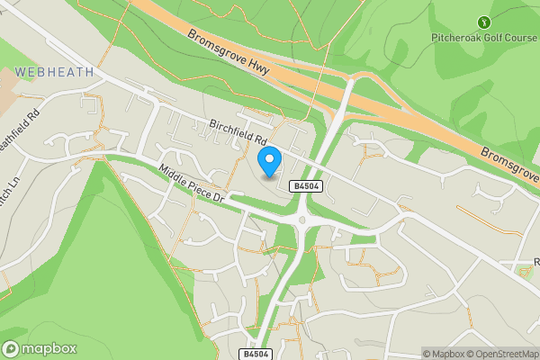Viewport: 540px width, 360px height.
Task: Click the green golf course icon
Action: pos(485,22)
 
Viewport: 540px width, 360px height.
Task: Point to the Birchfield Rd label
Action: pos(238,131)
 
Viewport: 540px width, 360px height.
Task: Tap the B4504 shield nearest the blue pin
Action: pos(303,185)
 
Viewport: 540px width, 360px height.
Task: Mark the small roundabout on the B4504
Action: pos(302,219)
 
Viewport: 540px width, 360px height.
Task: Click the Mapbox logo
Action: pos(39,348)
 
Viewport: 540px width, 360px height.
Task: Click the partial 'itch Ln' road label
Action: pos(10,192)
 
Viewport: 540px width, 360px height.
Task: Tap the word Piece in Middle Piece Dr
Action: pos(195,187)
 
